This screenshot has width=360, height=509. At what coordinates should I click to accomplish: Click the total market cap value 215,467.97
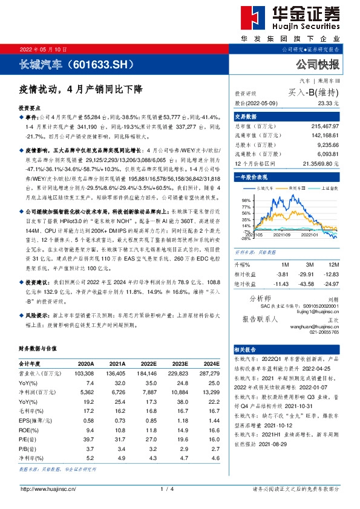(x=324, y=125)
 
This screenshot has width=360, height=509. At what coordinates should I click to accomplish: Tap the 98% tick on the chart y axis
(x=246, y=199)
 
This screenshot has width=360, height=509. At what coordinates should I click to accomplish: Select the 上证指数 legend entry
(x=327, y=188)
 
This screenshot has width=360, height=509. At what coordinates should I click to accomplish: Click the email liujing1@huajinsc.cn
(x=318, y=311)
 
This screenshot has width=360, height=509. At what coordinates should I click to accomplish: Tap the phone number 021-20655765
(x=324, y=332)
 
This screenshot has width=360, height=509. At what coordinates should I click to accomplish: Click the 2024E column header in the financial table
(x=211, y=364)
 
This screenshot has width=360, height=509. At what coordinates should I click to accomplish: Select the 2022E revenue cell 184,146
(x=148, y=374)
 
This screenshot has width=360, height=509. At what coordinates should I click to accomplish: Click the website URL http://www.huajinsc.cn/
(x=48, y=488)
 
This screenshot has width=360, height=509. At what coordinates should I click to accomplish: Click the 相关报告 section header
(x=246, y=349)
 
